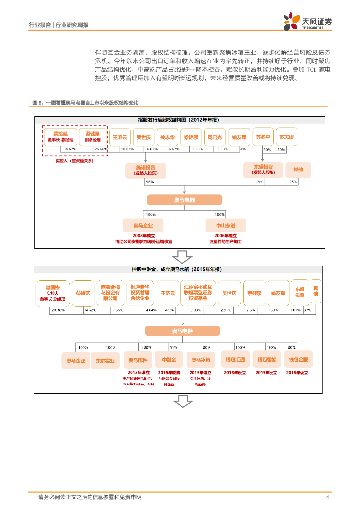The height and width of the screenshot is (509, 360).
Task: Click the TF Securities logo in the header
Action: pyautogui.click(x=308, y=22)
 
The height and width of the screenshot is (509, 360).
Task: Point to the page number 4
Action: pyautogui.click(x=327, y=497)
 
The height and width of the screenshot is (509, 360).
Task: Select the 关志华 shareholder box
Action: pyautogui.click(x=167, y=137)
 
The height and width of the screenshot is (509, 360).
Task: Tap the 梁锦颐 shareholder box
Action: pyautogui.click(x=191, y=137)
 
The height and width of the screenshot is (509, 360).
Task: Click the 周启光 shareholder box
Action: pyautogui.click(x=215, y=137)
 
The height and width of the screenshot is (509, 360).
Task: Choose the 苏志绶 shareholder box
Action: pyautogui.click(x=286, y=137)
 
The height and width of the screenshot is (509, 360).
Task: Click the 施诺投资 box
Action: pyautogui.click(x=146, y=170)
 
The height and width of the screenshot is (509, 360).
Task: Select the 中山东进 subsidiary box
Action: pyautogui.click(x=219, y=225)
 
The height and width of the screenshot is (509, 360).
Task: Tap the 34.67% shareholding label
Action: pyautogui.click(x=70, y=149)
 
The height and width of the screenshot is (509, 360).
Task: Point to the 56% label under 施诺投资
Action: pyautogui.click(x=150, y=182)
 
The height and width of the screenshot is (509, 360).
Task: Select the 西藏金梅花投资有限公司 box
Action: pyautogui.click(x=110, y=293)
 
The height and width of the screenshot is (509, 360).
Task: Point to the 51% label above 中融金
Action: pyautogui.click(x=174, y=347)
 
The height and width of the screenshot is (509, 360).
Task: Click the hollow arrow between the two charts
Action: pyautogui.click(x=182, y=257)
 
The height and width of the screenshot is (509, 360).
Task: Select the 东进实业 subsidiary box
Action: pyautogui.click(x=106, y=360)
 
